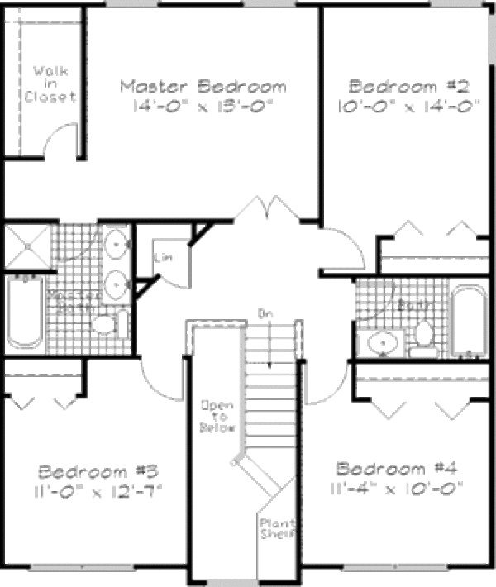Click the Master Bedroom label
(203, 86)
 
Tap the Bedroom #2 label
(409, 86)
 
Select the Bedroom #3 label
(98, 472)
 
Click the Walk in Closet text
(49, 84)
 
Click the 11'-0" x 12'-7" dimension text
(98, 490)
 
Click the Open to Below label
(217, 417)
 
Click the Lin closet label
(162, 257)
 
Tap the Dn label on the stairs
(265, 313)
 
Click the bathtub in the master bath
(26, 312)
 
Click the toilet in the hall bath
(424, 336)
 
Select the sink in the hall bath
(383, 341)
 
